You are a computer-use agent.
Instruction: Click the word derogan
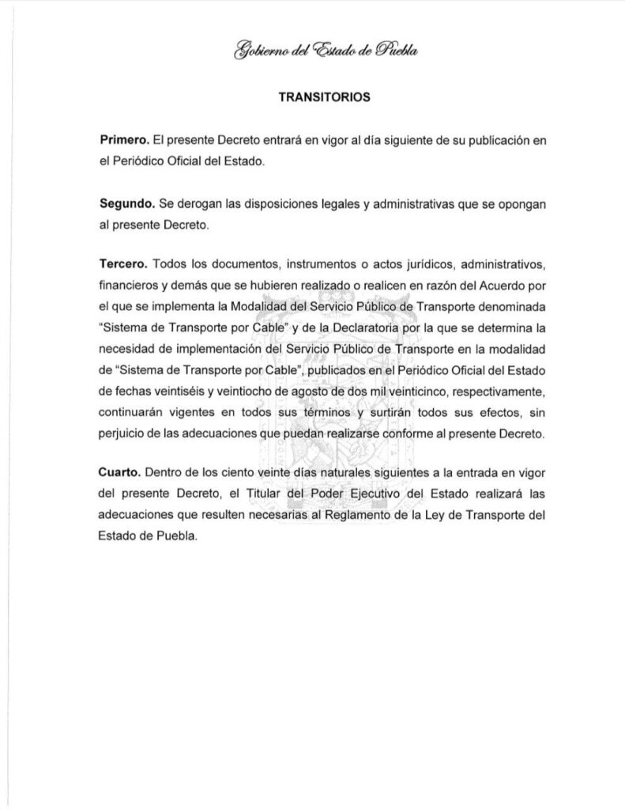point(198,204)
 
